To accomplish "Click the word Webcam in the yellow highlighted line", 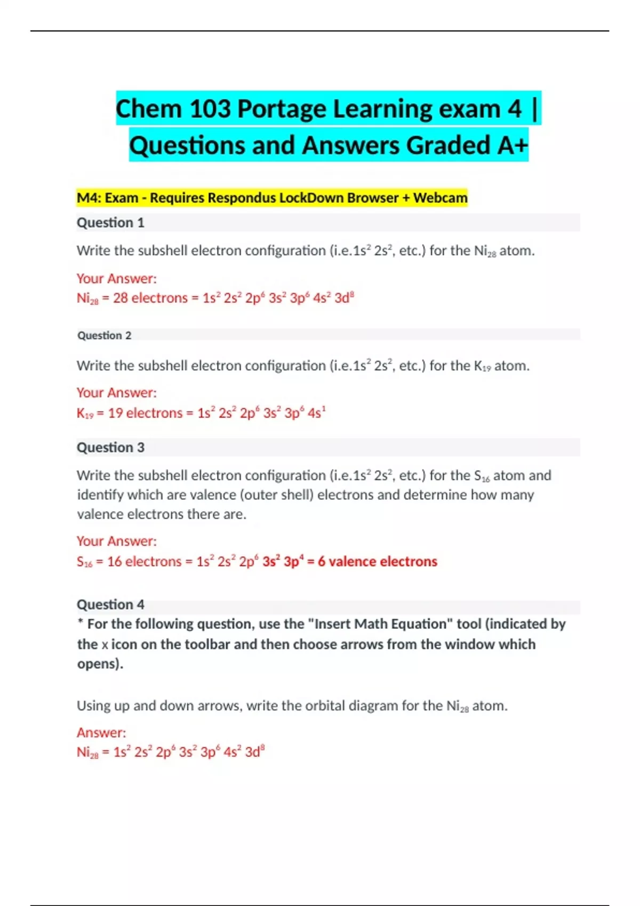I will [440, 198].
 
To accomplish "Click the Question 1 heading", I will [110, 223].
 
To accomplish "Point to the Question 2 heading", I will [104, 335].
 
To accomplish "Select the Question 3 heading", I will [110, 448].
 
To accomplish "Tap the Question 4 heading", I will [110, 604].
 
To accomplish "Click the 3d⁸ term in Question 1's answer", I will [344, 298].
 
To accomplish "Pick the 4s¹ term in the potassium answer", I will [316, 413].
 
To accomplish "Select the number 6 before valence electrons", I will [322, 562].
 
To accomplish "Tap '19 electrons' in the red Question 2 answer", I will [145, 413].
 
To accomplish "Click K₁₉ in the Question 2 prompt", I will [482, 366].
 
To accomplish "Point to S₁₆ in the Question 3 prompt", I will [482, 475].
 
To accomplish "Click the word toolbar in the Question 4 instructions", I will [206, 644].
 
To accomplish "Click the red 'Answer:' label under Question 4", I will [101, 733].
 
